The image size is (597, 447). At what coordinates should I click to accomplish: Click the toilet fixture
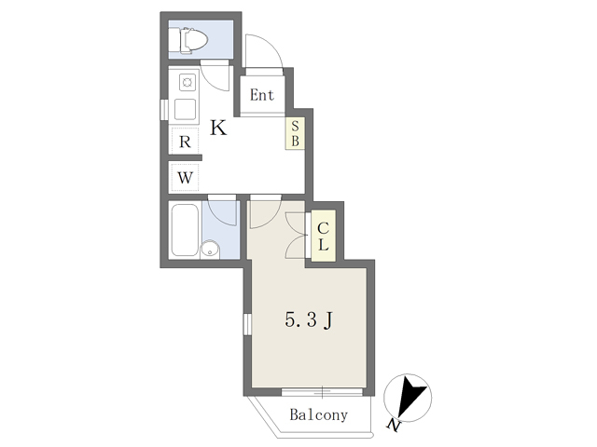[193, 39]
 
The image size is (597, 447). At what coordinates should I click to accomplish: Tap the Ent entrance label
[262, 95]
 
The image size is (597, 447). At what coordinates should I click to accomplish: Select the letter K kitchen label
[218, 128]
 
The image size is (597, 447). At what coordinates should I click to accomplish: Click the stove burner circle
[187, 82]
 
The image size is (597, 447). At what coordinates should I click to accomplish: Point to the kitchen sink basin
[185, 110]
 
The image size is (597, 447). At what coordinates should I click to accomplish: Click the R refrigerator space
[185, 141]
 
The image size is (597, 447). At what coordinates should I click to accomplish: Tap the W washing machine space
[185, 177]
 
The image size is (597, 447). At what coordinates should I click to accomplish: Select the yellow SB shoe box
[295, 133]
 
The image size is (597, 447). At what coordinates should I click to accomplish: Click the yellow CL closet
[324, 236]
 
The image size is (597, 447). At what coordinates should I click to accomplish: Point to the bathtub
[185, 230]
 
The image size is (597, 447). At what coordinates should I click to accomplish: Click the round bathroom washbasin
[210, 250]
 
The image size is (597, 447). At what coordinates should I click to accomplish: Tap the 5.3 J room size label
[309, 319]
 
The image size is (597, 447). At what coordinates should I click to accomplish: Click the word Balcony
[319, 414]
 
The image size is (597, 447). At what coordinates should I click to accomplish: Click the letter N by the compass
[394, 425]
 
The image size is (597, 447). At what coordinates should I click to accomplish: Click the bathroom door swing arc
[225, 217]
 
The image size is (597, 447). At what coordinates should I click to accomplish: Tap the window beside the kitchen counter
[164, 110]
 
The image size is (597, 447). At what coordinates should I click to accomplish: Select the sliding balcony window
[322, 392]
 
